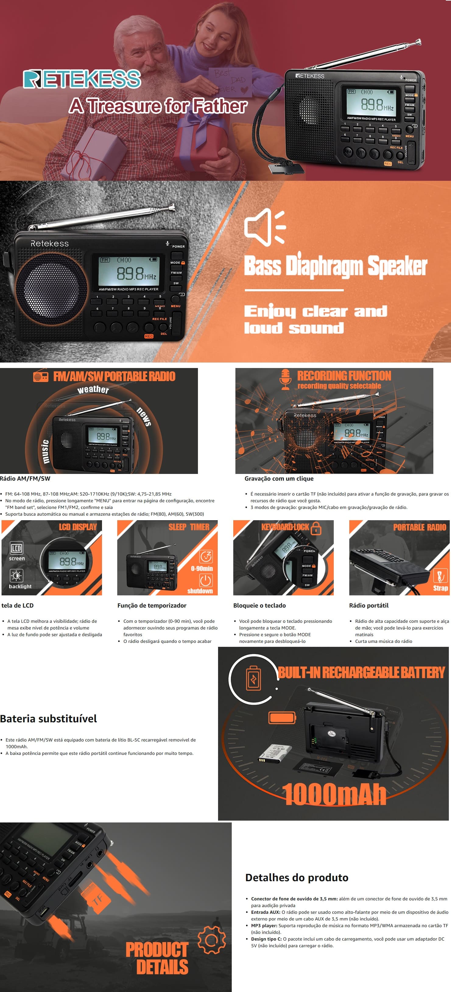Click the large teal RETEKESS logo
pos(82,79)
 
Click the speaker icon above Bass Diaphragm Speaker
pos(265,227)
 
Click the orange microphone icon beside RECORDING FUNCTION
pos(285,379)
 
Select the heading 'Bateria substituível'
pos(48,719)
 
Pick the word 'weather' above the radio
pos(93,389)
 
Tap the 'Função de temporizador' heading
pos(152,605)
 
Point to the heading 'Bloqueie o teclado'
pos(259,605)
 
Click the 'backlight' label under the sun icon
pos(20,587)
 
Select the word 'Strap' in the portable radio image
pos(441,588)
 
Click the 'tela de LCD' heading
pos(17,605)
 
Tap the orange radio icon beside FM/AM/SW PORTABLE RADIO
pos(41,376)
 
